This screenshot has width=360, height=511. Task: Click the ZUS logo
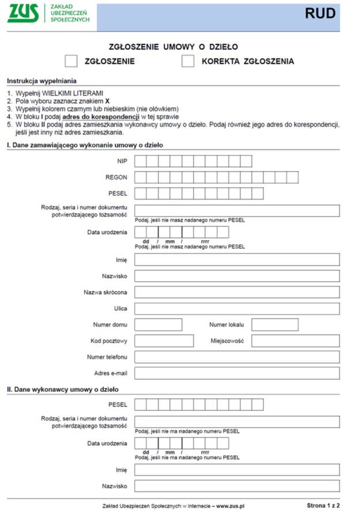pos(23,14)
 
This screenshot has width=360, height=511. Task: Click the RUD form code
pos(320,14)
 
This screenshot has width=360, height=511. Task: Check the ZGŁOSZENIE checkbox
pos(71,61)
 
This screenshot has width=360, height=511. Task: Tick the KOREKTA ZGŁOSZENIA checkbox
pos(188,61)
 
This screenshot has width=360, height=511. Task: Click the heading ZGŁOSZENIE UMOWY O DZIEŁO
pos(174,47)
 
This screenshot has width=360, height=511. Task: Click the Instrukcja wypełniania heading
pos(42,81)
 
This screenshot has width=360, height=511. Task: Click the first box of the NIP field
pos(140,161)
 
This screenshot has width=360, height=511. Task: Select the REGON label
pos(117,177)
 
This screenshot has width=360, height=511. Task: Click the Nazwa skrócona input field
pos(237,292)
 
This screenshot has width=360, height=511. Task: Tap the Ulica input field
pos(237,309)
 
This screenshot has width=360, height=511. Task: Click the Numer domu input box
pos(158,325)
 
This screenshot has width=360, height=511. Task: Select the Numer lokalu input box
pos(275,325)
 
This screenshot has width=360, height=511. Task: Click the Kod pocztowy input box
pos(164,341)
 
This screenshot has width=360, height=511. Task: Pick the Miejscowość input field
pos(295,341)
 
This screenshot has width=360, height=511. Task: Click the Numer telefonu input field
pos(237,357)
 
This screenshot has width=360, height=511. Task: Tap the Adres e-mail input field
pos(237,373)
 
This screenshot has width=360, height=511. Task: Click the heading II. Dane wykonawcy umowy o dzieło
pos(62,389)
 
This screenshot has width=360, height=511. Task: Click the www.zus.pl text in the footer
pos(230,506)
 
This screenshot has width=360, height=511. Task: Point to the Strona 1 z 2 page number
pos(324,505)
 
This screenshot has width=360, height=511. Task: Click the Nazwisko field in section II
pos(237,486)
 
